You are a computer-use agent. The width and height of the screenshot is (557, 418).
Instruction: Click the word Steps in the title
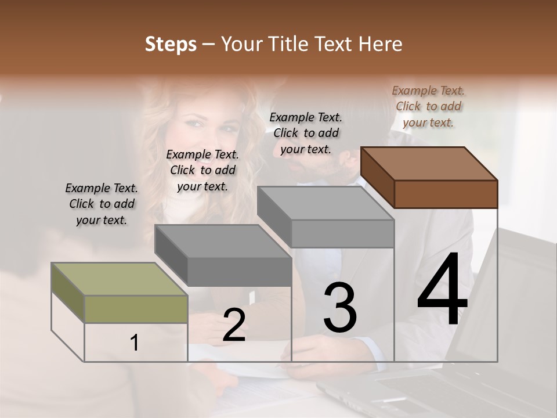(171, 44)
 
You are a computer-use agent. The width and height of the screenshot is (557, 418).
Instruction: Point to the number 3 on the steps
(339, 308)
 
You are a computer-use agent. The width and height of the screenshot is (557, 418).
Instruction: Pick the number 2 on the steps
(234, 325)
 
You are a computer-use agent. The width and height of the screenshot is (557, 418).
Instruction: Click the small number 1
(135, 343)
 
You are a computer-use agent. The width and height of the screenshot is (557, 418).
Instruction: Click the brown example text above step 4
(428, 106)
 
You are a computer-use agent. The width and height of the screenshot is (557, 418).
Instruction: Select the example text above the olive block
(102, 204)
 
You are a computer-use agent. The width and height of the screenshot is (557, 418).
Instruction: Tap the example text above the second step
(202, 170)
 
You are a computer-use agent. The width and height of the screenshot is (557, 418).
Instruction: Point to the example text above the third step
(306, 133)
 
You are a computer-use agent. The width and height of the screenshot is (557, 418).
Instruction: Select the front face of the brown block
(446, 194)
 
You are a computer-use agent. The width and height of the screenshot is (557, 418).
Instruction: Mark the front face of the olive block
(136, 309)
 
